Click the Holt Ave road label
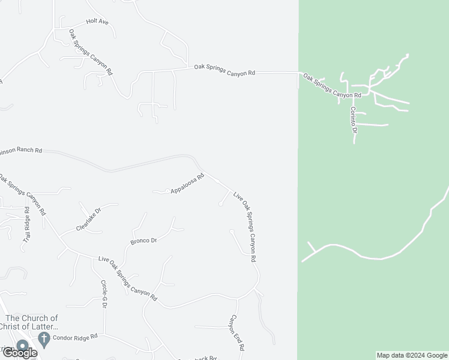[97, 22]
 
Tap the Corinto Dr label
[354, 120]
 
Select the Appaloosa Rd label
[187, 184]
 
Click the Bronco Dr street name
[143, 241]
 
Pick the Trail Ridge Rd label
[26, 224]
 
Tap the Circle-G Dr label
[103, 294]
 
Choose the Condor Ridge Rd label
[75, 337]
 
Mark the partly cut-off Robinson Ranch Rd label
[21, 151]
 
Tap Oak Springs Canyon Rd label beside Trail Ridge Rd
[22, 194]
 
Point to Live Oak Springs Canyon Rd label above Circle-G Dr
[127, 279]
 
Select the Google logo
[19, 353]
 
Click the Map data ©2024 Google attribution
[412, 355]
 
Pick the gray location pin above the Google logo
[22, 345]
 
